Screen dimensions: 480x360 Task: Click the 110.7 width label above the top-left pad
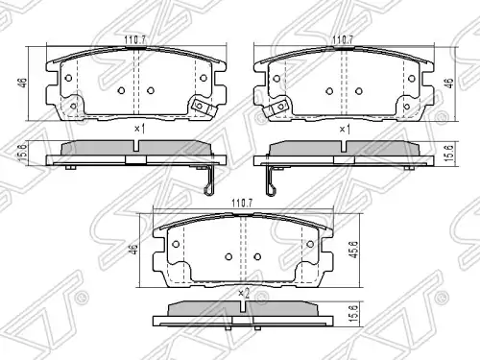pos(135,40)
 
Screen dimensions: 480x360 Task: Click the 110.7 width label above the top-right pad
pos(343,40)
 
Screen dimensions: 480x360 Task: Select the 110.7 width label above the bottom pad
pos(242,204)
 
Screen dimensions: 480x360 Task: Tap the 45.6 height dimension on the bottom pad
pos(355,250)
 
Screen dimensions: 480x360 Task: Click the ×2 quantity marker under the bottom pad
pos(244,293)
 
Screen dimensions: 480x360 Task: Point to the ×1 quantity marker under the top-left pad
pos(140,129)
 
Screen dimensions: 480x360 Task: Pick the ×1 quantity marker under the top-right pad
pos(345,130)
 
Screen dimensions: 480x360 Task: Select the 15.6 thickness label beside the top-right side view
pos(449,153)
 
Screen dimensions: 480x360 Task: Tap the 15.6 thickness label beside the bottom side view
pos(353,314)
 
